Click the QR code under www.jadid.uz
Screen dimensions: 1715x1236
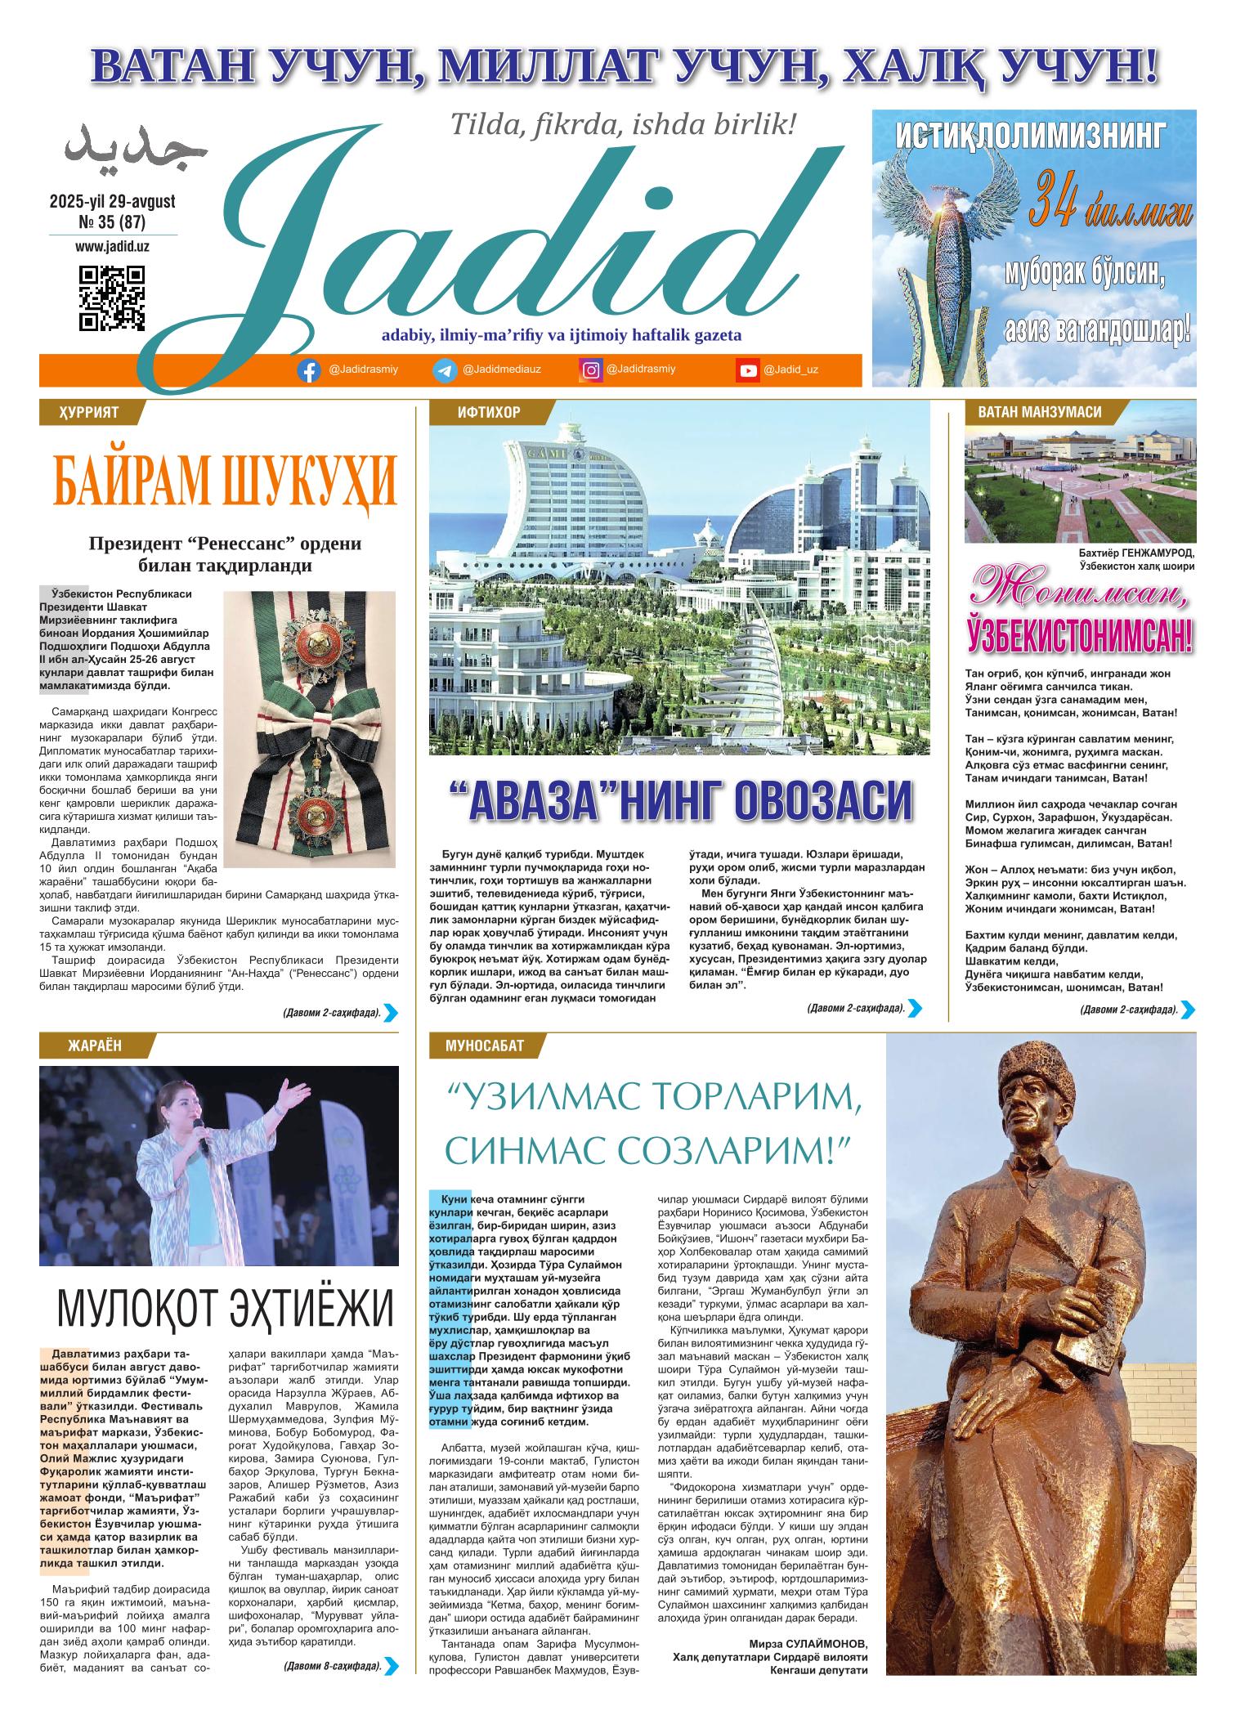(x=112, y=298)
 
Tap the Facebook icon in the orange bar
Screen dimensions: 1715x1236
(x=308, y=371)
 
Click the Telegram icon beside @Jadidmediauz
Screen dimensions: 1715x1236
(x=445, y=371)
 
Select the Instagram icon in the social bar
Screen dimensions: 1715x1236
(x=590, y=370)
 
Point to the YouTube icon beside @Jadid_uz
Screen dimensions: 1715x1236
(x=747, y=371)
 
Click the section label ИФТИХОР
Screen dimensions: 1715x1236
(x=489, y=412)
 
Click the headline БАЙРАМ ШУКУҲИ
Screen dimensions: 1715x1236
(x=225, y=486)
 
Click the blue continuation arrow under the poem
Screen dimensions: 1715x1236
(x=1189, y=1010)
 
